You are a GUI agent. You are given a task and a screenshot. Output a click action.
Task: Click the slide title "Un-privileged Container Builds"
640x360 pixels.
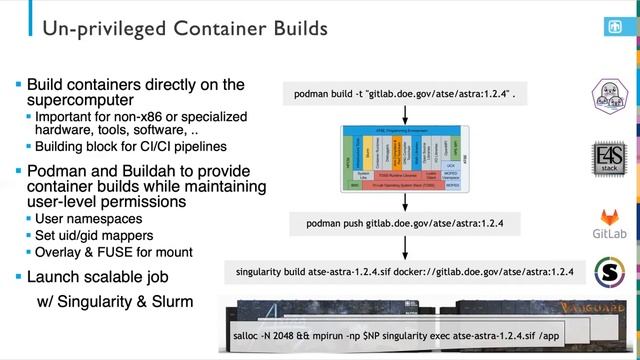pyautogui.click(x=184, y=29)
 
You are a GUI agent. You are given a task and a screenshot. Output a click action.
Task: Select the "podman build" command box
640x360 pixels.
pyautogui.click(x=404, y=93)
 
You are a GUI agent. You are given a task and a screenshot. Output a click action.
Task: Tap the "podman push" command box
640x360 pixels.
pyautogui.click(x=404, y=222)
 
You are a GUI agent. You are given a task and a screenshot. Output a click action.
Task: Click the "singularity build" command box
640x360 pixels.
pyautogui.click(x=404, y=272)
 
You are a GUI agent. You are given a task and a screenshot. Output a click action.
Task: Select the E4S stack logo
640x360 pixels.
pyautogui.click(x=611, y=160)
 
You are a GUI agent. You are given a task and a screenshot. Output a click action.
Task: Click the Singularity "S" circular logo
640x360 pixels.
pyautogui.click(x=611, y=273)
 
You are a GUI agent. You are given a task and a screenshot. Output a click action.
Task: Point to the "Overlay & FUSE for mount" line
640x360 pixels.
pyautogui.click(x=113, y=252)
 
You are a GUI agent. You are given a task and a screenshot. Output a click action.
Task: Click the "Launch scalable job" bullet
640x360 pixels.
pyautogui.click(x=98, y=276)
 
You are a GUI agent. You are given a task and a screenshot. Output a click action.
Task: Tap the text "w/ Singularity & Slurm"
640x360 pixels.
pyautogui.click(x=115, y=301)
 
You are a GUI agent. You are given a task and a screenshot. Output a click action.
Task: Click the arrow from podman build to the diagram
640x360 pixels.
pyautogui.click(x=404, y=114)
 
